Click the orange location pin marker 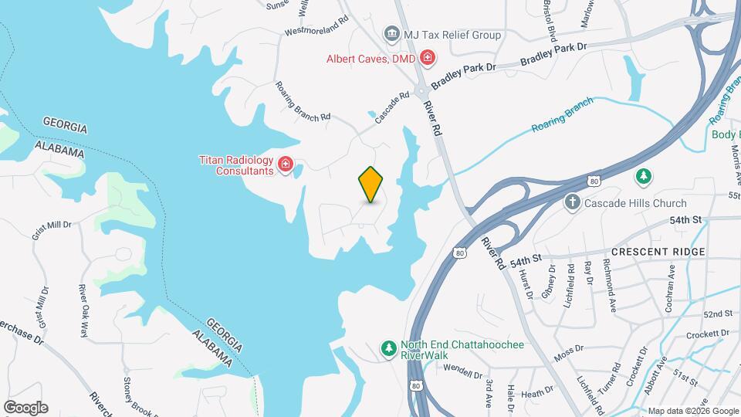coord(371,184)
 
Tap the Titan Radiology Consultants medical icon coord(286,164)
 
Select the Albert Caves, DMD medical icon coord(427,58)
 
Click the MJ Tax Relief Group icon coord(391,35)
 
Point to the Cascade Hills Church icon coord(572,203)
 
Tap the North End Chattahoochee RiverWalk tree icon coord(389,350)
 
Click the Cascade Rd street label coord(391,108)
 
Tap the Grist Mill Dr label coord(52,225)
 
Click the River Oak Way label coord(84,310)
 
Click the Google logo coord(25,408)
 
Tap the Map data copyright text coord(693,411)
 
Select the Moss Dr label coord(567,351)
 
